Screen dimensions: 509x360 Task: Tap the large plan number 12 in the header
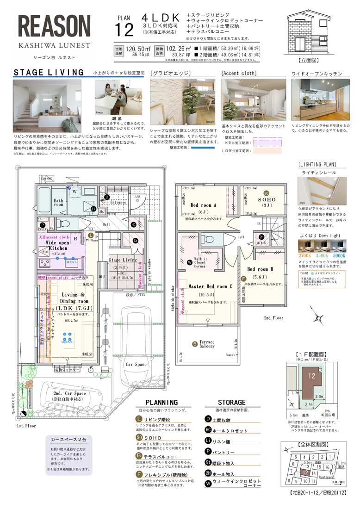pos(124,30)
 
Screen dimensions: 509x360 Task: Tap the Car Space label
pos(136,365)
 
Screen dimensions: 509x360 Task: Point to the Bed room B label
pos(260,269)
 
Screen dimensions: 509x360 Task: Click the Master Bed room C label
pos(205,286)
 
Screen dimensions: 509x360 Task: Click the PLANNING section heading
pos(161,403)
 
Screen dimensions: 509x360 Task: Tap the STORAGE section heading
pos(231,403)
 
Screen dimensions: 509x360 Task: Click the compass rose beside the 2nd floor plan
pos(318,319)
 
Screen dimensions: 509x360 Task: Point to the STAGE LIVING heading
pos(49,73)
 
